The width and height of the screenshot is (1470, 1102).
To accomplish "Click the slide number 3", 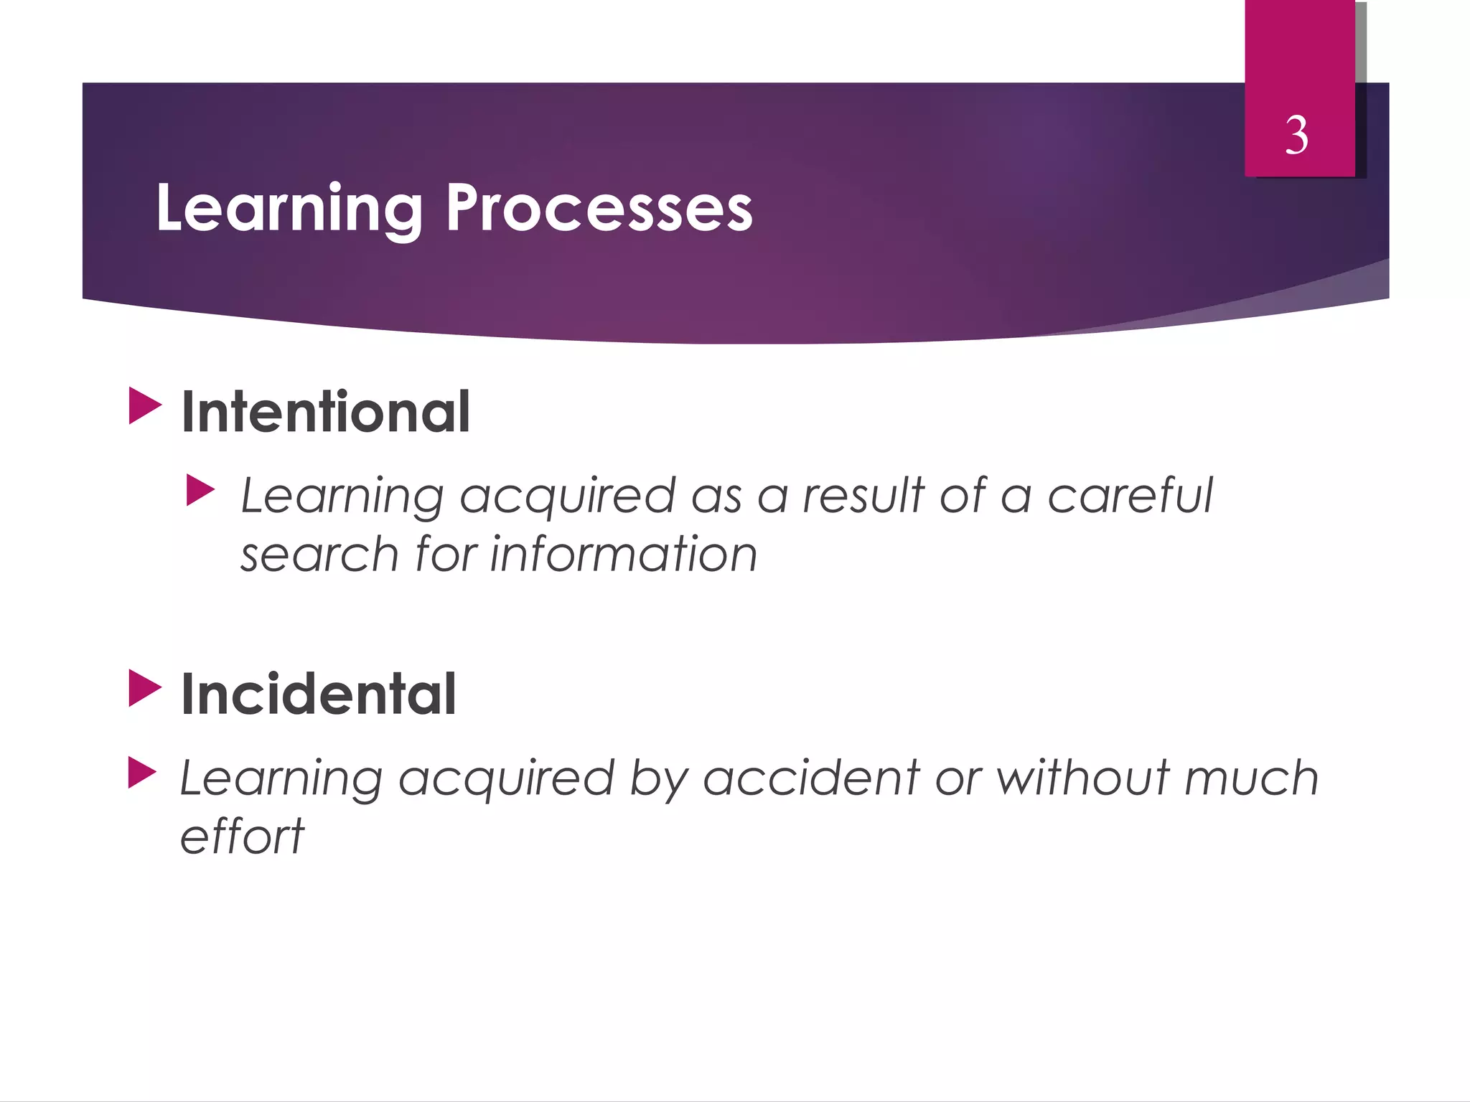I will (1296, 135).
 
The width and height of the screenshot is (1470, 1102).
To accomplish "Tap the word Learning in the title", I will (289, 207).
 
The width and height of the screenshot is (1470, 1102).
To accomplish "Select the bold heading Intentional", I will (326, 412).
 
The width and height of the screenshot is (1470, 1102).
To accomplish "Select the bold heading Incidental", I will (319, 694).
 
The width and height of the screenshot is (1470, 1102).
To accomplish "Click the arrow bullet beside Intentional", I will (145, 406).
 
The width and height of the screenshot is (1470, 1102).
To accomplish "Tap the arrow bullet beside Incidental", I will (145, 688).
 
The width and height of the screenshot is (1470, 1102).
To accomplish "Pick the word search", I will (319, 555).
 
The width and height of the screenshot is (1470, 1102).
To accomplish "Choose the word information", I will (624, 555).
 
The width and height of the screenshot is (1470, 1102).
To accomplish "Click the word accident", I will (811, 778).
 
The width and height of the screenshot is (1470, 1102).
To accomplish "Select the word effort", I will (242, 837).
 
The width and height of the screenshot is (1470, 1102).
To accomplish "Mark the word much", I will (1251, 778).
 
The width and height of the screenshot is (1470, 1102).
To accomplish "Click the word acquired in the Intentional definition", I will (567, 496).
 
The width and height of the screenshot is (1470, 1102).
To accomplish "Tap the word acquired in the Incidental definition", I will (506, 779).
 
